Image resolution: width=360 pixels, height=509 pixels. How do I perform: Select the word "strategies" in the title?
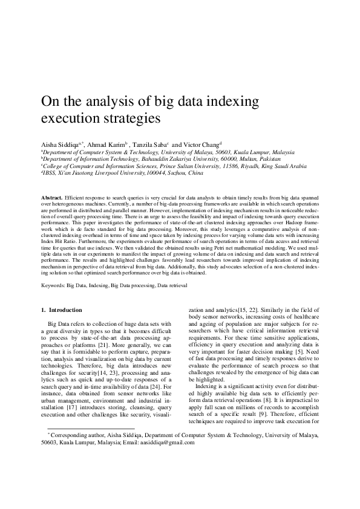[x=129, y=117]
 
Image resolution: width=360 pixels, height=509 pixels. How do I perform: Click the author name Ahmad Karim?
[x=105, y=145]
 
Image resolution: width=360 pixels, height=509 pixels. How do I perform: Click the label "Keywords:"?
[x=53, y=284]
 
